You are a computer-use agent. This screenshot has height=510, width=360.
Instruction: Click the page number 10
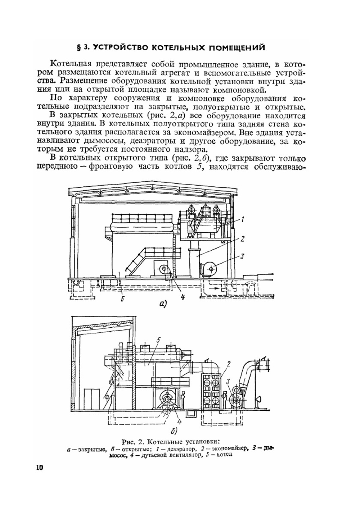39,467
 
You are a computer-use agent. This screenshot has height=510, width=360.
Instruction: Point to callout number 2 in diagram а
243,238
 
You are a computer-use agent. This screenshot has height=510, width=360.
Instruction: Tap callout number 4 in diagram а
183,297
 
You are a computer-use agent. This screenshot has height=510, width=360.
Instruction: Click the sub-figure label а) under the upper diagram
163,304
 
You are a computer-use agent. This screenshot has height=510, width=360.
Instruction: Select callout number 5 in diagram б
158,339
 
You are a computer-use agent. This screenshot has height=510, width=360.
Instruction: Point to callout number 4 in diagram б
179,422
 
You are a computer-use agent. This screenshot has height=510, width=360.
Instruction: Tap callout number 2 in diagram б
228,364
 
